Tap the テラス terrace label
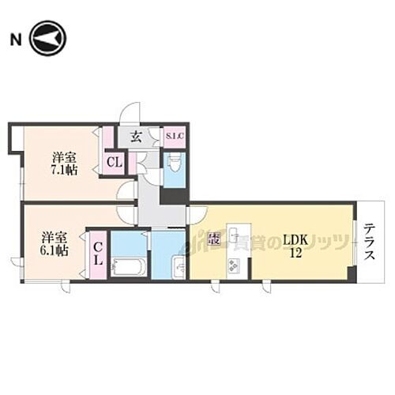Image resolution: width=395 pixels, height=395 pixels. (370, 246)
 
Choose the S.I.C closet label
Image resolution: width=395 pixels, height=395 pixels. (174, 136)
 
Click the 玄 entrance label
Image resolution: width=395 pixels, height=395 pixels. (136, 136)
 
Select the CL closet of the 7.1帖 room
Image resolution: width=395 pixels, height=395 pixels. (113, 164)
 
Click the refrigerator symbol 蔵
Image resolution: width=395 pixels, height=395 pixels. (213, 239)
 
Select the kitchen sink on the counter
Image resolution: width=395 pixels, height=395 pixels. (235, 236)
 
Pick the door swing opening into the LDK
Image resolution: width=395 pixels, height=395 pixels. (197, 215)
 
